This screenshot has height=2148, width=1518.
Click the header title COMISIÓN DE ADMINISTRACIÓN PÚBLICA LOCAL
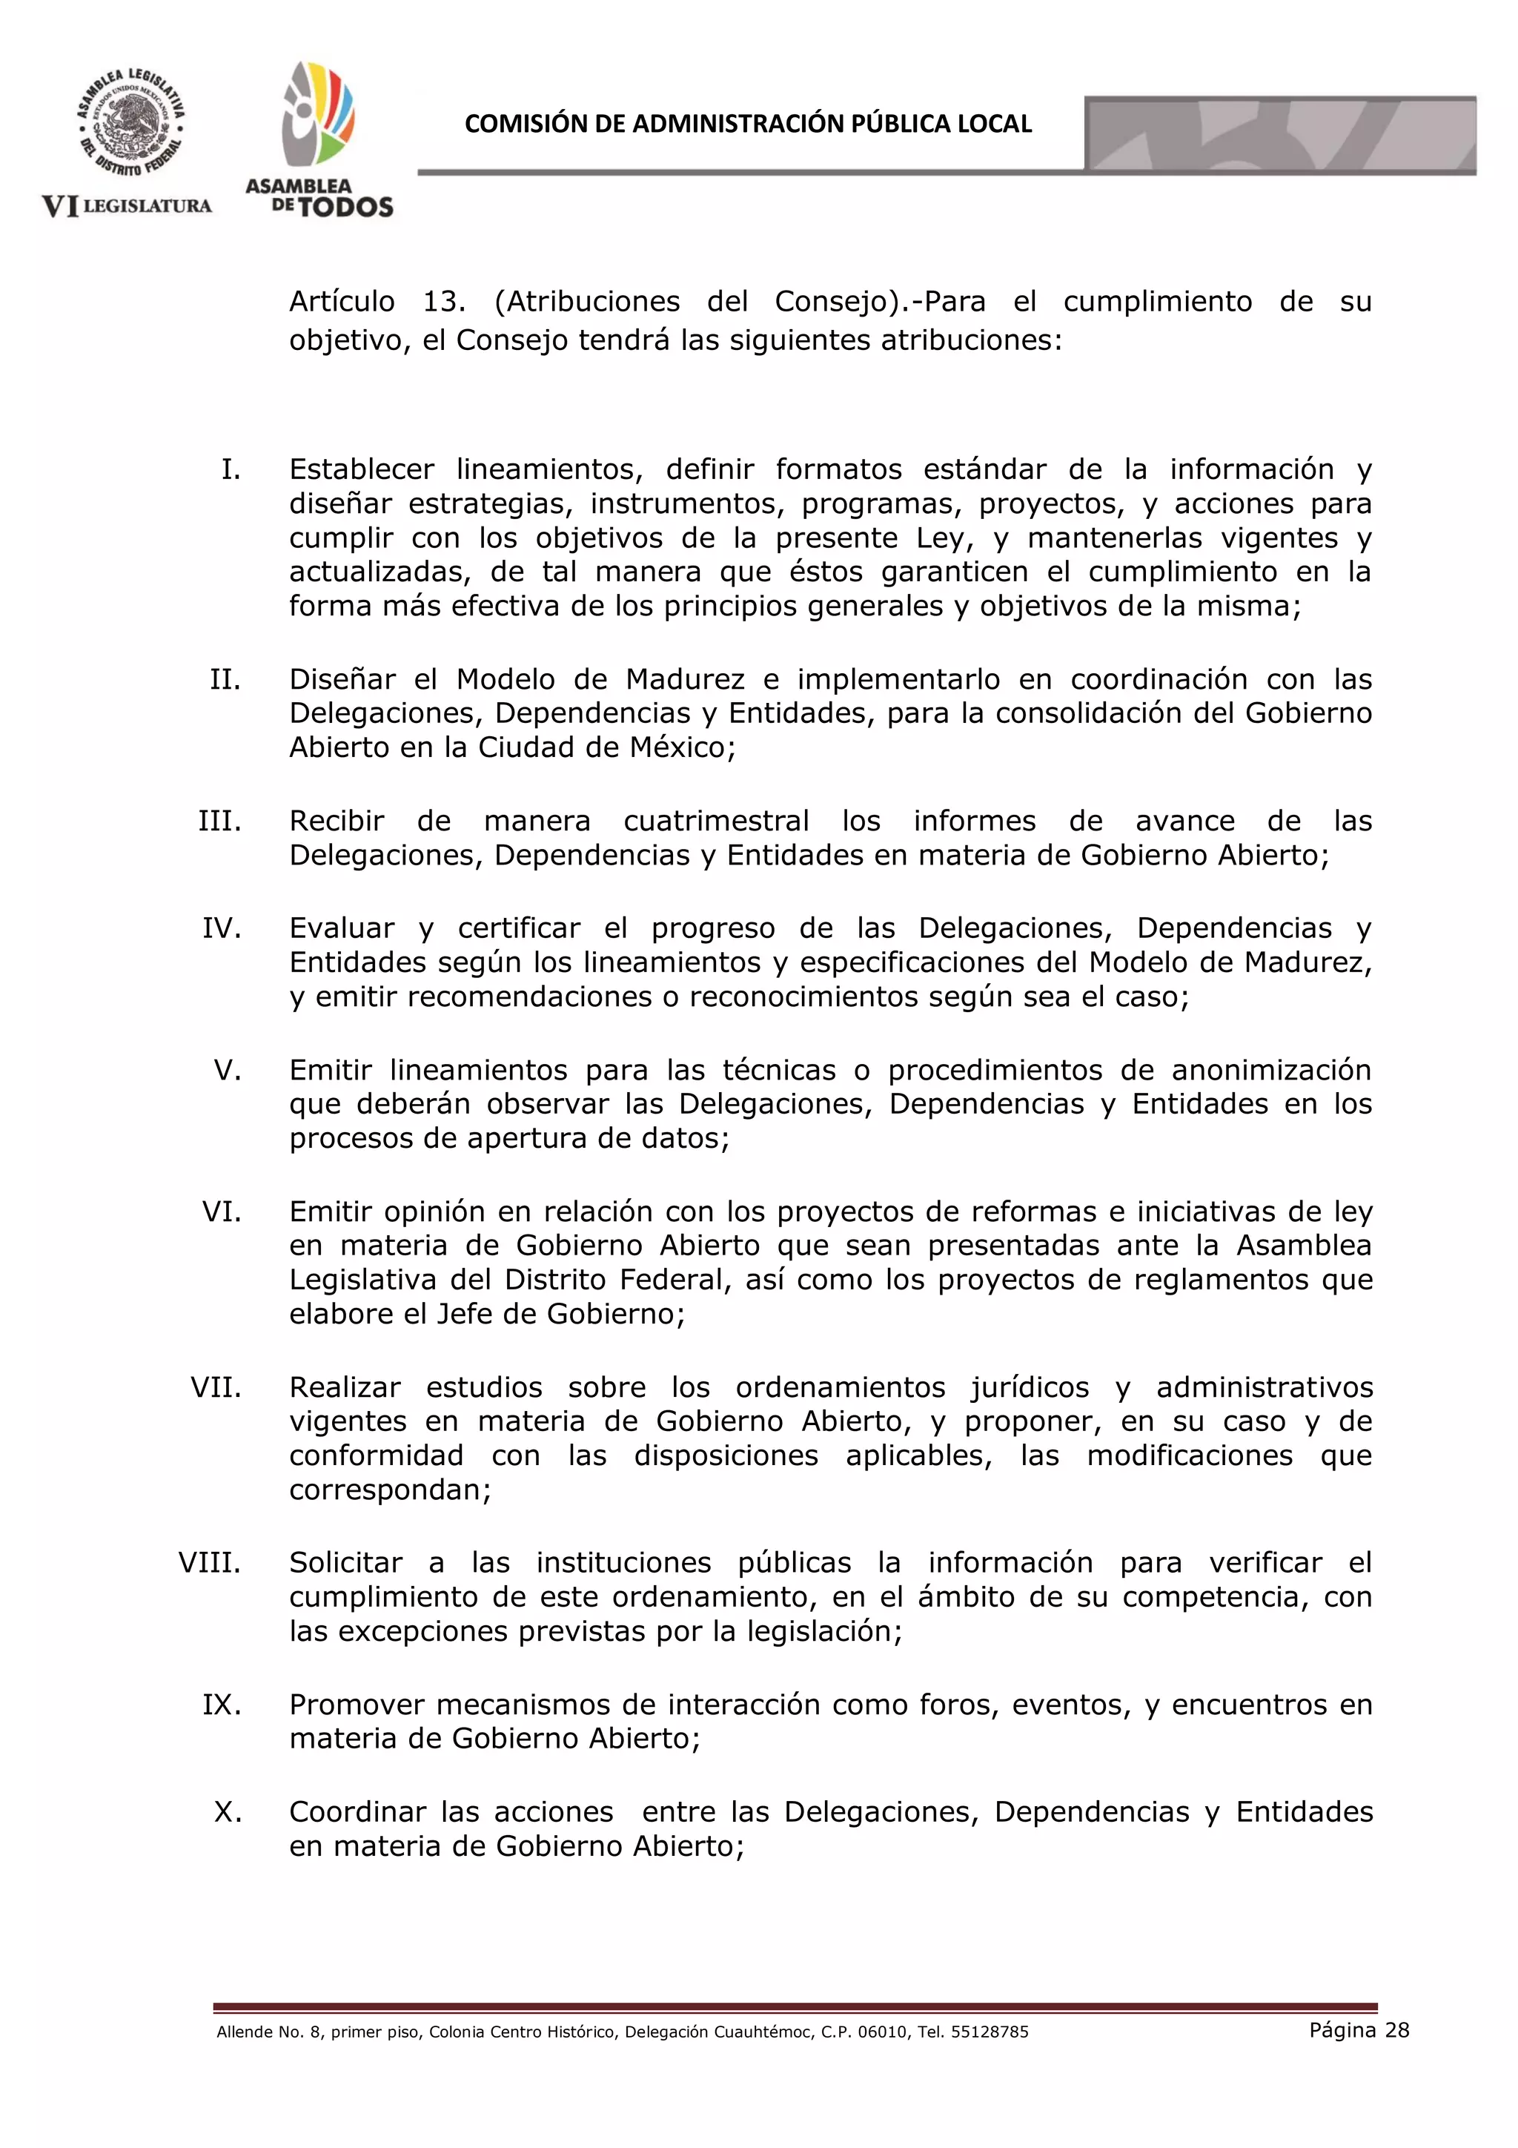pyautogui.click(x=747, y=125)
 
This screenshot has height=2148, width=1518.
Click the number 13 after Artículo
pyautogui.click(x=443, y=301)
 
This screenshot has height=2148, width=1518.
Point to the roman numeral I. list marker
pyautogui.click(x=230, y=469)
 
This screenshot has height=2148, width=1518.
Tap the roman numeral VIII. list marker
pyautogui.click(x=210, y=1562)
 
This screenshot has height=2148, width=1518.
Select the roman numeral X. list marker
pyautogui.click(x=228, y=1812)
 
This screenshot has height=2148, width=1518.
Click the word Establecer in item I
pyautogui.click(x=361, y=469)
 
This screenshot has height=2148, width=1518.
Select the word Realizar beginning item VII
pyautogui.click(x=345, y=1387)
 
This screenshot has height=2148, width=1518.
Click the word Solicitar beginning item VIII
pyautogui.click(x=345, y=1562)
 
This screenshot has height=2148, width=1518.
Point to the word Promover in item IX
pyautogui.click(x=357, y=1705)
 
